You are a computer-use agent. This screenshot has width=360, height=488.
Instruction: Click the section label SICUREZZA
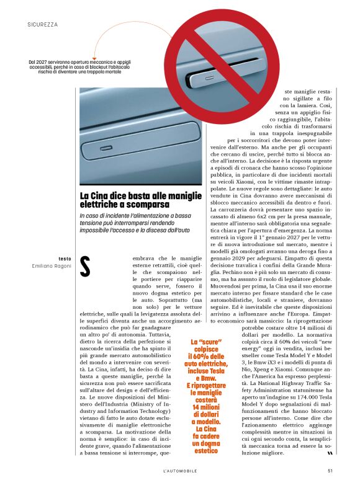click(43, 25)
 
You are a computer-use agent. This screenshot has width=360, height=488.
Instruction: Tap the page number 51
click(331, 469)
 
